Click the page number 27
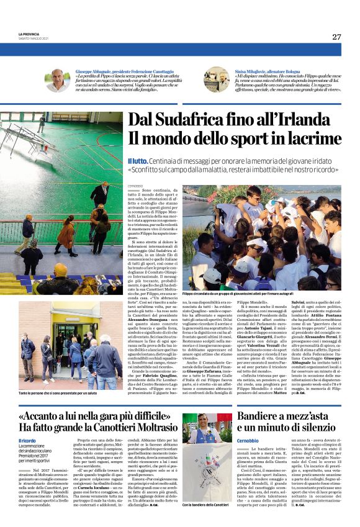click(x=336, y=37)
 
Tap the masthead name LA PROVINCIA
click(x=29, y=35)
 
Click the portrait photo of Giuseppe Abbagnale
click(x=57, y=80)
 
